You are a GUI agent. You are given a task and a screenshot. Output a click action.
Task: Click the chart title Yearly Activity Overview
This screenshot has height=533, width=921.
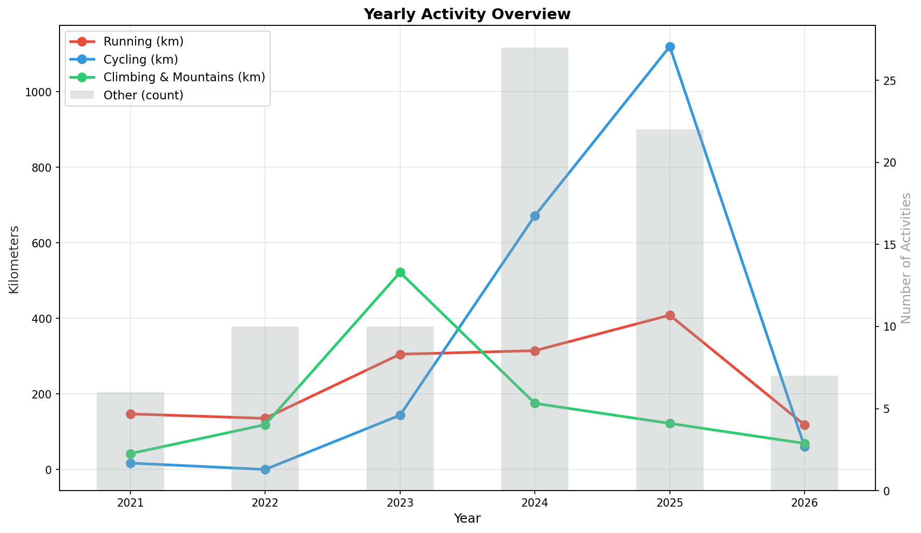coord(466,14)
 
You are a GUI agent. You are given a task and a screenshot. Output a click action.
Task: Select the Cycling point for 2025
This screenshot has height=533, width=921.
coord(669,47)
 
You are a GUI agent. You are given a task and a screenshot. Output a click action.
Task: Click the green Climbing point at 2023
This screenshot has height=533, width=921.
coord(400,272)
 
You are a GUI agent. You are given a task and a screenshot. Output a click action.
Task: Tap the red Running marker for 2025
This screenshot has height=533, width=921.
coord(669,315)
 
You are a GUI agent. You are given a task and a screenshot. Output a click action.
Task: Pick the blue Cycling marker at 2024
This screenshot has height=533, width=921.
coord(535,216)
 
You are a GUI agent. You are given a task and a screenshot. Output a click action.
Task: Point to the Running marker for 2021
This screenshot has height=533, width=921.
coord(130,414)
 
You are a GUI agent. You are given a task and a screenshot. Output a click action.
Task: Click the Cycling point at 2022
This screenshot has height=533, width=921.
coord(265,469)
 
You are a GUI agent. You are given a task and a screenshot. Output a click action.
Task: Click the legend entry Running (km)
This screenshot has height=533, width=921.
coord(143,41)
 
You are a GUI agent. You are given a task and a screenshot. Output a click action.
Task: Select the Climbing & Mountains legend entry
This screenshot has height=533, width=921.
coord(184,77)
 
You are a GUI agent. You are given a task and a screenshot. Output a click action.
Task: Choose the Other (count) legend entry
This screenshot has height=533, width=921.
coord(143,95)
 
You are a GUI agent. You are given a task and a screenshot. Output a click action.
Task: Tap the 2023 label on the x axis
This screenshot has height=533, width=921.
coord(400,502)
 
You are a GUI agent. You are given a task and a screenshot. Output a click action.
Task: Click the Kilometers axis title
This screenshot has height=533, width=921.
coord(14,259)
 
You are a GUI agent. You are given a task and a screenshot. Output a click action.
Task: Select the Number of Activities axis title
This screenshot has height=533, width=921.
coord(906,258)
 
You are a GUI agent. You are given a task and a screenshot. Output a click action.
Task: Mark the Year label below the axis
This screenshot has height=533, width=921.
coord(466,519)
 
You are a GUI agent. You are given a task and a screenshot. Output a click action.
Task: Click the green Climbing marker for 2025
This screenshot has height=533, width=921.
coord(669,423)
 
